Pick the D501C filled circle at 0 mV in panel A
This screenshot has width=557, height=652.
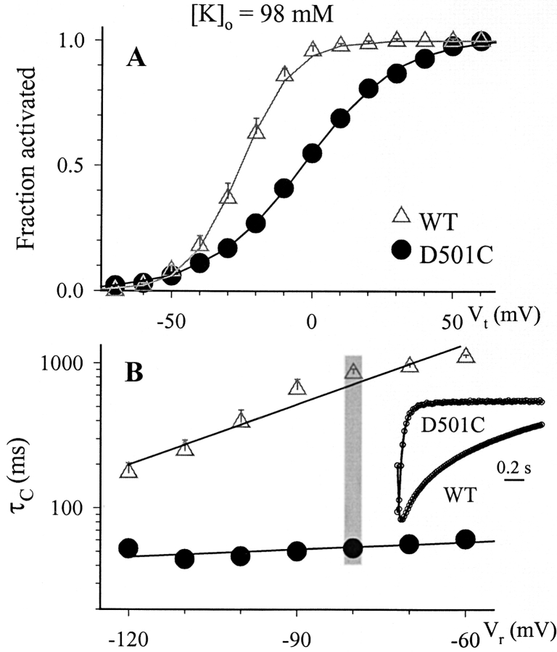coord(312,152)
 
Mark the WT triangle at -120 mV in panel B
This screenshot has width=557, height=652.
coord(129,470)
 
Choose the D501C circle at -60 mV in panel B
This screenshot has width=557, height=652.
coord(465,539)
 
